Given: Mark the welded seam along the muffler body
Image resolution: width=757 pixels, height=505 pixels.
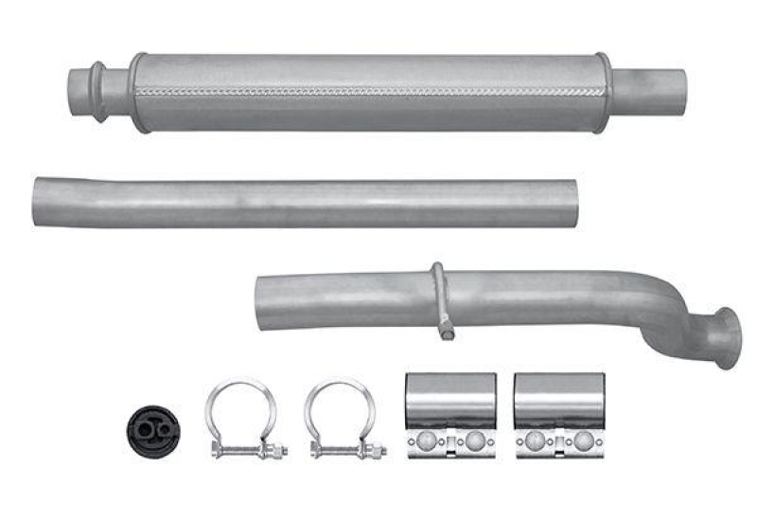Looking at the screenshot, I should (x=369, y=92).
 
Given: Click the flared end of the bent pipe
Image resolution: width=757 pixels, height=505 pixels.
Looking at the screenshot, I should (x=727, y=336).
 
